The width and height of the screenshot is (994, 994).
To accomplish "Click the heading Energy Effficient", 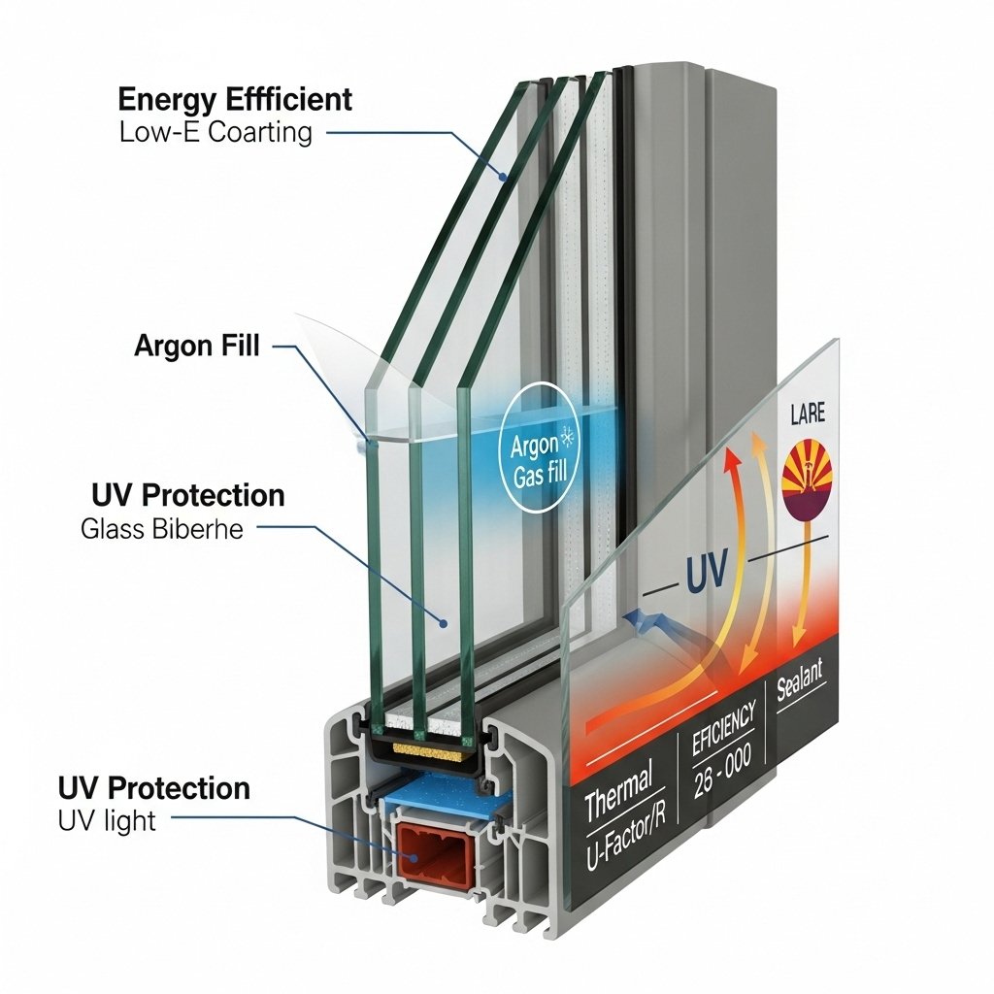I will pos(235,99).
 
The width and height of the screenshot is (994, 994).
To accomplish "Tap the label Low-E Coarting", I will pos(216,132).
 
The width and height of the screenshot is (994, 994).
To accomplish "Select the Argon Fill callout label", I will pos(197,347).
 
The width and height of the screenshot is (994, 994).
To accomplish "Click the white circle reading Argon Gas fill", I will pos(535,458).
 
